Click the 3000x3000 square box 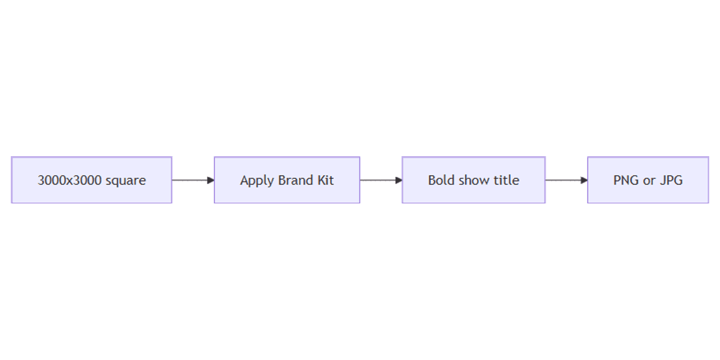point(92,180)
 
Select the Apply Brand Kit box point(287,180)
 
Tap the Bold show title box point(473,180)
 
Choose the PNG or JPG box point(648,180)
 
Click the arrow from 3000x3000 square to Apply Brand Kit point(193,180)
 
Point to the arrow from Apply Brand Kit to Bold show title point(381,180)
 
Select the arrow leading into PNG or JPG point(567,180)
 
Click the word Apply point(257,181)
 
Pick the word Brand point(295,180)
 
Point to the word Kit point(326,180)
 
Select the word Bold point(441,180)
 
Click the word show point(474,180)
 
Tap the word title point(506,180)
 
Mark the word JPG point(671,180)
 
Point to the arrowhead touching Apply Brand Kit point(211,180)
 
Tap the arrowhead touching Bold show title point(399,180)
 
